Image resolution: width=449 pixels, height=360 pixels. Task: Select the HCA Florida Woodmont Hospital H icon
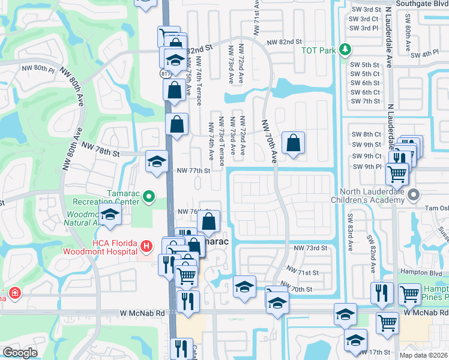[145, 245]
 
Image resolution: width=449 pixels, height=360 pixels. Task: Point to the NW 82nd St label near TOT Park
[284, 41]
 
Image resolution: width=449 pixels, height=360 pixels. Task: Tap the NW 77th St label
[193, 170]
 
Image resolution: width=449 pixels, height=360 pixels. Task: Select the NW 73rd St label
[310, 248]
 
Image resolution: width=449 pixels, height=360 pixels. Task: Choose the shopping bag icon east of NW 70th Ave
[293, 145]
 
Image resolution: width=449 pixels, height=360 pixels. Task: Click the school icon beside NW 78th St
[157, 161]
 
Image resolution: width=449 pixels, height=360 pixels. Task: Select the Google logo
[20, 353]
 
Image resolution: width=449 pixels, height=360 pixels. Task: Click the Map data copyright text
[423, 355]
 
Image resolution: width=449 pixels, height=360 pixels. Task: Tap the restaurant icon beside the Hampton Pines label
[382, 293]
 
